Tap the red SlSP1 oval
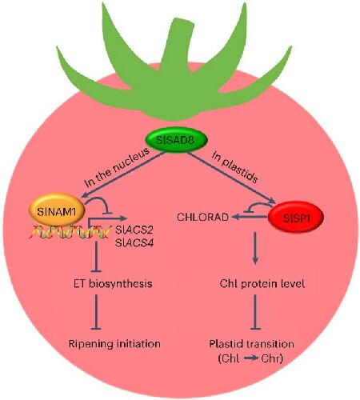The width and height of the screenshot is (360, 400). coord(295,216)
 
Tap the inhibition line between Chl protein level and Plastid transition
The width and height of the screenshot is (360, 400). coord(254,312)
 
